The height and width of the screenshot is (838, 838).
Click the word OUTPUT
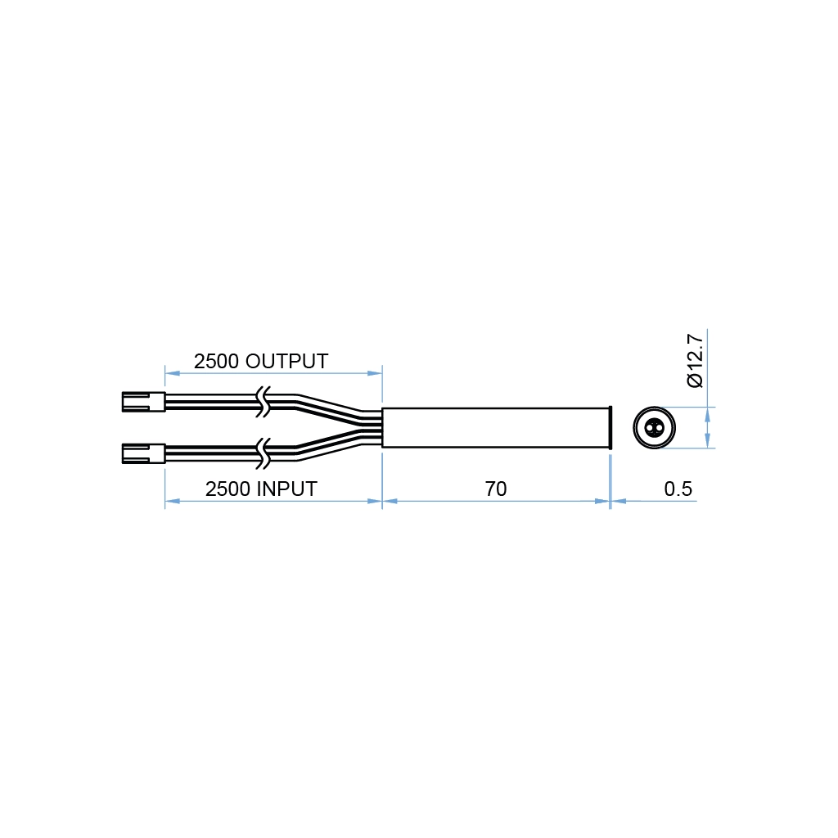click(x=286, y=361)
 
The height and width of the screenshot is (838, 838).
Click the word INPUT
click(x=286, y=489)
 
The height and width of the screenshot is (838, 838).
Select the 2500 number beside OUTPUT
click(x=217, y=361)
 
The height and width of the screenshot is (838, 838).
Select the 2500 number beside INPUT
click(x=228, y=489)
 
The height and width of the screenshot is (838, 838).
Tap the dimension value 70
click(x=495, y=489)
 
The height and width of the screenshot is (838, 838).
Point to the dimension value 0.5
click(x=678, y=489)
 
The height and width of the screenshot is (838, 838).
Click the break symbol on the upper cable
click(x=264, y=401)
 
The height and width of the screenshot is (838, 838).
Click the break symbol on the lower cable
click(x=264, y=452)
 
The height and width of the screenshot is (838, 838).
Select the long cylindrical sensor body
click(x=496, y=426)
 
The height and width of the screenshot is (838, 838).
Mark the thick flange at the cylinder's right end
click(x=610, y=426)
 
